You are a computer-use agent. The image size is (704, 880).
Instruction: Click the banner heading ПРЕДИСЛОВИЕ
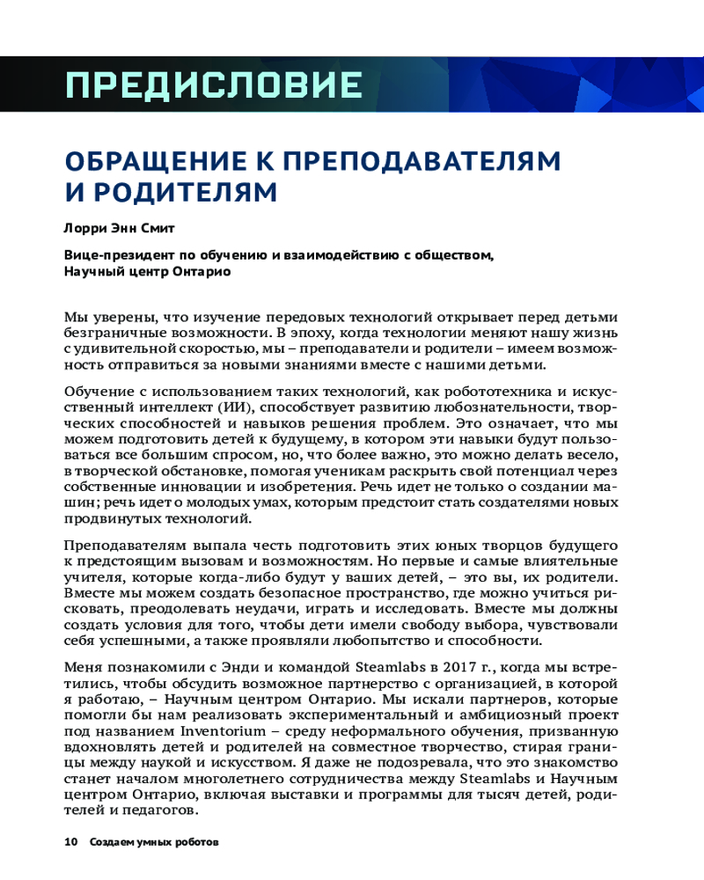214,84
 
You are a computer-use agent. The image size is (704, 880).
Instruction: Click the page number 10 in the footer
71,842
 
